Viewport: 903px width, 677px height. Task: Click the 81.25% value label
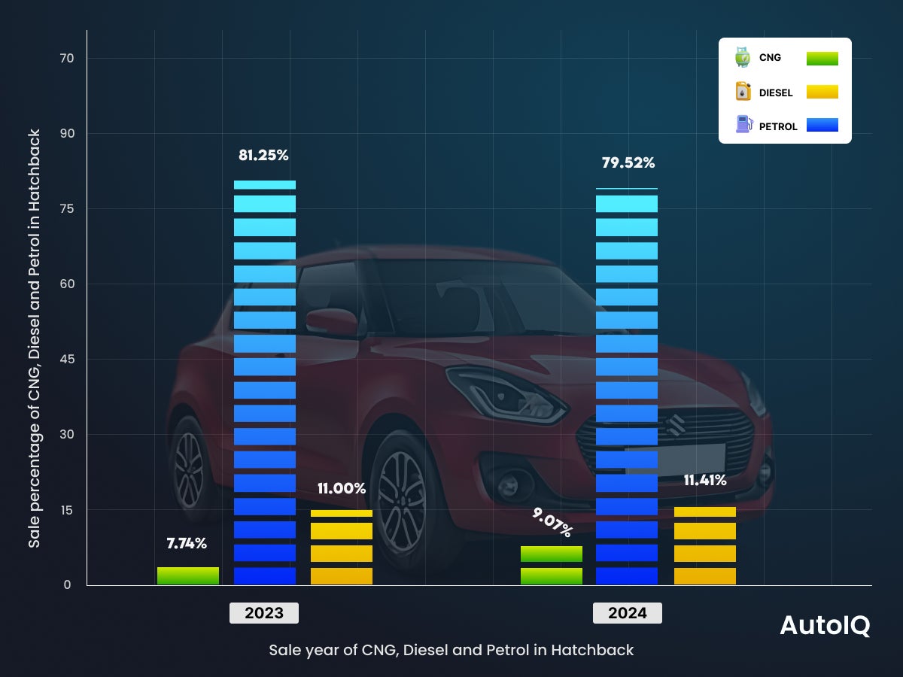click(x=263, y=156)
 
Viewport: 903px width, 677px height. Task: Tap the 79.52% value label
click(x=628, y=162)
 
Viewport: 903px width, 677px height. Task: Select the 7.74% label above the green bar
click(x=187, y=543)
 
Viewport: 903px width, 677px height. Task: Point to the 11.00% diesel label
click(x=341, y=489)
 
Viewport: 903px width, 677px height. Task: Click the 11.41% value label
click(x=704, y=480)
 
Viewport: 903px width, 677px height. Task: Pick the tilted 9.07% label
click(x=552, y=522)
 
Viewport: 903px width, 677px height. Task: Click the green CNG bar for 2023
click(x=188, y=575)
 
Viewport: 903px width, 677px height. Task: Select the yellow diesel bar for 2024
click(x=704, y=546)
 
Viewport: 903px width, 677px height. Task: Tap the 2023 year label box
click(x=264, y=613)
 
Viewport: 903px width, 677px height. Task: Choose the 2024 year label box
click(x=627, y=613)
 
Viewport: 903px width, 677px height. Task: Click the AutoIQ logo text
click(x=825, y=626)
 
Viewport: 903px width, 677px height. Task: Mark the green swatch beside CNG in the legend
click(x=822, y=59)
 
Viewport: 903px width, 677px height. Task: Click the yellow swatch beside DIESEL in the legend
click(x=822, y=93)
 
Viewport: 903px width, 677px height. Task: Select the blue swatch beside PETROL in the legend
click(x=822, y=126)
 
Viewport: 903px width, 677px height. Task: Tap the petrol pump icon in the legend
click(x=743, y=125)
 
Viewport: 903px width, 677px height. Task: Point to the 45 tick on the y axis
click(x=70, y=359)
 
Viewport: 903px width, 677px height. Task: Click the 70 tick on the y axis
click(x=70, y=58)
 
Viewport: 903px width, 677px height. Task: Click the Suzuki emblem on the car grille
click(x=676, y=424)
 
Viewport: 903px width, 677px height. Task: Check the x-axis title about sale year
click(x=451, y=650)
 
